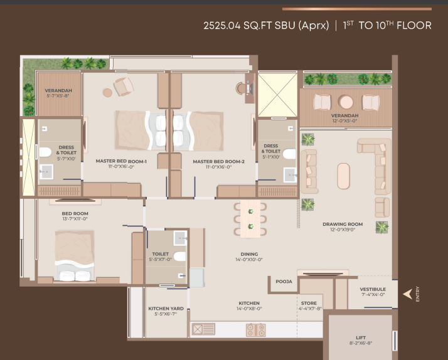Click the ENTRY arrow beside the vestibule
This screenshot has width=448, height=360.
click(x=408, y=294)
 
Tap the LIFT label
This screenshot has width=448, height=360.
click(x=361, y=337)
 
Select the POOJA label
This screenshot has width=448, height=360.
click(x=284, y=282)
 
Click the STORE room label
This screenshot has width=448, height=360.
click(x=309, y=303)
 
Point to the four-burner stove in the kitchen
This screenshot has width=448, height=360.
click(x=256, y=330)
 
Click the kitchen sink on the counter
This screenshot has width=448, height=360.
click(x=203, y=329)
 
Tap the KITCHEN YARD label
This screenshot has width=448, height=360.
click(x=166, y=309)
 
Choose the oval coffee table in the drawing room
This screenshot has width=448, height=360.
click(x=343, y=176)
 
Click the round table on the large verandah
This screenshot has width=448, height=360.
click(x=346, y=102)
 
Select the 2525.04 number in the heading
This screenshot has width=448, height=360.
click(x=222, y=26)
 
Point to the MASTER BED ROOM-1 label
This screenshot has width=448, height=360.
click(x=121, y=161)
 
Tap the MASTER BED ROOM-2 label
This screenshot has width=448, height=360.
click(x=218, y=162)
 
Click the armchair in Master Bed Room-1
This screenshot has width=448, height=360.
click(x=124, y=87)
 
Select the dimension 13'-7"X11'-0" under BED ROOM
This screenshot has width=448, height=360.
click(x=75, y=219)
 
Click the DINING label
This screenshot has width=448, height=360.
click(x=249, y=254)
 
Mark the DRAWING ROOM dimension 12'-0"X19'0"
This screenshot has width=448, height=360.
click(x=343, y=230)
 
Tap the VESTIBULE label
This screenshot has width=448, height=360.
click(x=373, y=289)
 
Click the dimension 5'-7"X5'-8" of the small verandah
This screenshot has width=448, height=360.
click(x=58, y=95)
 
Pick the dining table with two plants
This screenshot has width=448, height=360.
click(x=250, y=219)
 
